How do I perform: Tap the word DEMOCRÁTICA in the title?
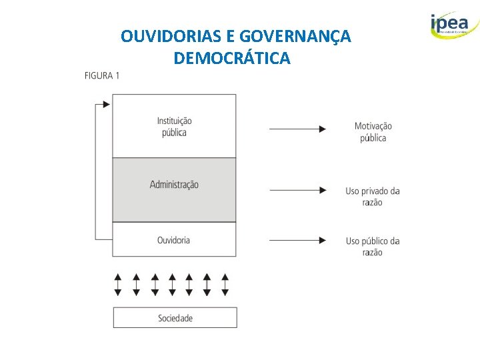point(231,59)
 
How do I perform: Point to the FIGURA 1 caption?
point(102,76)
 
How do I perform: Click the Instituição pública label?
point(174,127)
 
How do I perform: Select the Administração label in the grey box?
point(174,185)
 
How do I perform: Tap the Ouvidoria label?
point(174,240)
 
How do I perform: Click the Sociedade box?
point(175,318)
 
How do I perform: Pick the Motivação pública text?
point(373,132)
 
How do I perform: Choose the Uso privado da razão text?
point(373,197)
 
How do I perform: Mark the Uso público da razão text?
point(373,246)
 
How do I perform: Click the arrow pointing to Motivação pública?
point(298,129)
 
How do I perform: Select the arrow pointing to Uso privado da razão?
point(298,191)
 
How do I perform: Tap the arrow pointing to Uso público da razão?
point(298,240)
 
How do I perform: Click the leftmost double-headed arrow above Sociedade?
point(118,284)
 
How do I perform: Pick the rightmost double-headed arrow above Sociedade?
point(225,284)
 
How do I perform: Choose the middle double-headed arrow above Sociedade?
point(172,284)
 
